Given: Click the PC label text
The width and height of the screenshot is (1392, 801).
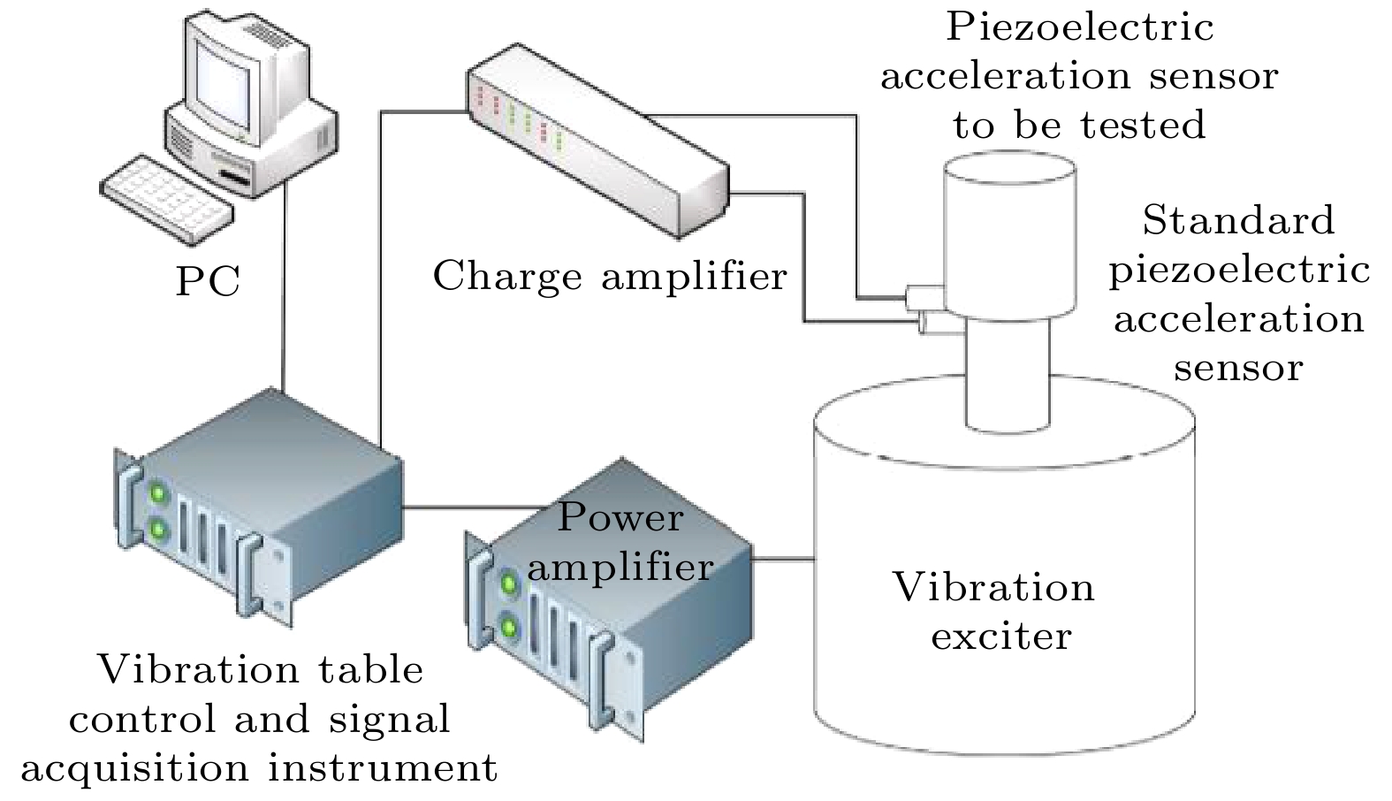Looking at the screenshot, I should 208,282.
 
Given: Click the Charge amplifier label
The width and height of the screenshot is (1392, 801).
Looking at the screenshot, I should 609,276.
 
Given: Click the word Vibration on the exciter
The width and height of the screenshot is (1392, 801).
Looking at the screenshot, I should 993,587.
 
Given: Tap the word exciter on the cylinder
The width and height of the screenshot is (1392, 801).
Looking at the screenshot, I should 1001,636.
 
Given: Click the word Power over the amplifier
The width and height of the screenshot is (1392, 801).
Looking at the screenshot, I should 620,517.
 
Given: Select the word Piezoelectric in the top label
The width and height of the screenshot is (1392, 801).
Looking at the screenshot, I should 1080,27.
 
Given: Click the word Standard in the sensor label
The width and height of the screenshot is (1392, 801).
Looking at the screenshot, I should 1238,220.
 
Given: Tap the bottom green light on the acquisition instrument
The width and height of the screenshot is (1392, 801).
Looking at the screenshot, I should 159,530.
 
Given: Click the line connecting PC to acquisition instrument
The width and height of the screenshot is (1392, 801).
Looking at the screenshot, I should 283,292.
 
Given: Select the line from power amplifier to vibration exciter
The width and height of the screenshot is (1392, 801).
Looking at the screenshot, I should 783,559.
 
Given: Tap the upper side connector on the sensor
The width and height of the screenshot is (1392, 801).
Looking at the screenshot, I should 922,295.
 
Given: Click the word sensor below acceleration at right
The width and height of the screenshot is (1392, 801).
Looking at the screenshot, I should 1238,367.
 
